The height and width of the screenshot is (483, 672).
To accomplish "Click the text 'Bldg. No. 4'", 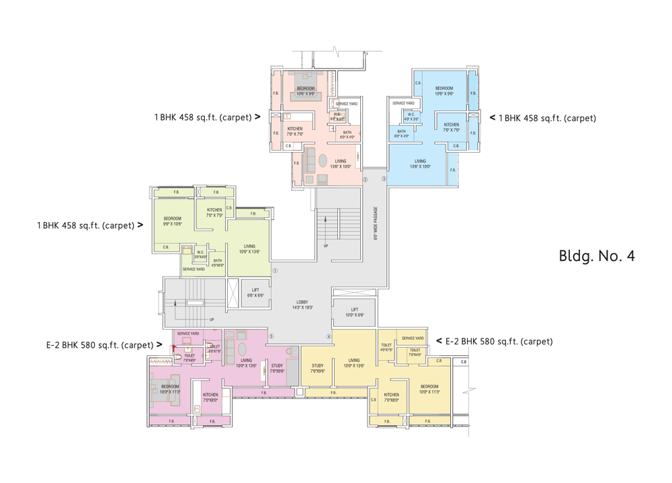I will click(596, 256).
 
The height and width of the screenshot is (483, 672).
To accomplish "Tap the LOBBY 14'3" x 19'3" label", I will click(302, 304).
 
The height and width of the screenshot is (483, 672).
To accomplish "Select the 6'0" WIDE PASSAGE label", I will click(376, 223).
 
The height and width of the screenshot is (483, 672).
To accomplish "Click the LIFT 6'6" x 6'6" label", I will click(255, 293).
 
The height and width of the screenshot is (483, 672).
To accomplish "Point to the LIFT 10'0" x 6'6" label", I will click(355, 312).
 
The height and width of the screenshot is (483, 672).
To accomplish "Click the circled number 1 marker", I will click(275, 271).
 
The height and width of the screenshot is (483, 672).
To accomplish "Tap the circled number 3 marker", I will click(384, 179).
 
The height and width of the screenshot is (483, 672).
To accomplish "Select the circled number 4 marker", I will click(329, 336).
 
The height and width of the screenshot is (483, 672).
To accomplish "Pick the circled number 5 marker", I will click(271, 336).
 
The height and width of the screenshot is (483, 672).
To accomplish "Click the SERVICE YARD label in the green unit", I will click(194, 269).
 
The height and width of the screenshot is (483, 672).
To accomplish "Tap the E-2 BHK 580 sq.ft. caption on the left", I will click(103, 345).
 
